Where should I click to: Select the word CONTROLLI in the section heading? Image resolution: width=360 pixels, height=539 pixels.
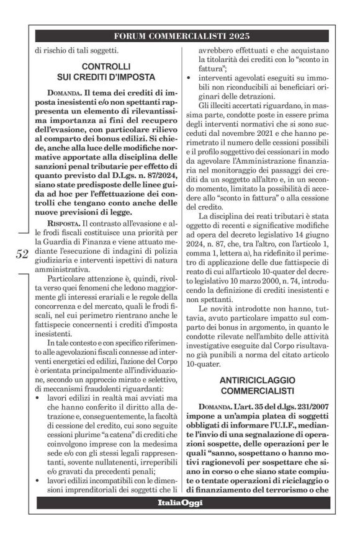pyautogui.click(x=106, y=65)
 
